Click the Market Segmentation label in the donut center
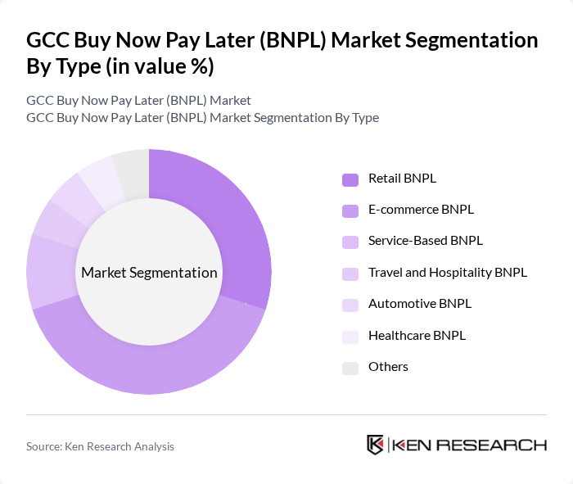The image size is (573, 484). [149, 273]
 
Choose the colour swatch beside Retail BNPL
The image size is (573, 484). [350, 179]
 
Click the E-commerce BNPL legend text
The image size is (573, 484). [421, 210]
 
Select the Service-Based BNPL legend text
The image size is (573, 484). [425, 241]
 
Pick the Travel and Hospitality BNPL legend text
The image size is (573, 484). [447, 272]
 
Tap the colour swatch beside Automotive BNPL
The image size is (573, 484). [350, 305]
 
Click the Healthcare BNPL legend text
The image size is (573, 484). [417, 335]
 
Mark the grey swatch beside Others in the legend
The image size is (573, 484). [350, 368]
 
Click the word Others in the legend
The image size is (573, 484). [388, 366]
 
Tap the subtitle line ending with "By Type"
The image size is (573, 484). [202, 117]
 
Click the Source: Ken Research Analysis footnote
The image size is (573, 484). [100, 446]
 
